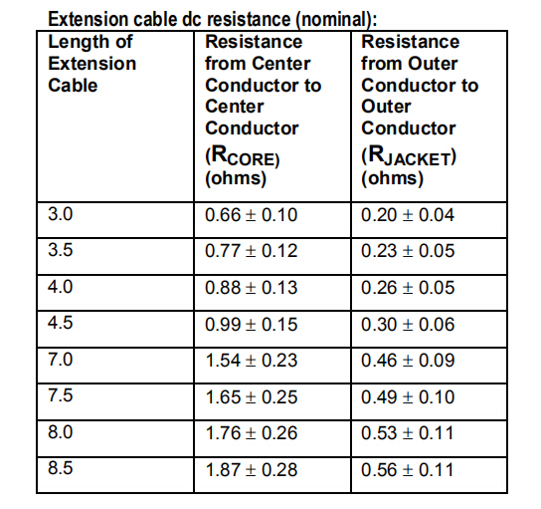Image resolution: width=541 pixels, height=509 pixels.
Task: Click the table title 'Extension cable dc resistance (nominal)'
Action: coord(212,19)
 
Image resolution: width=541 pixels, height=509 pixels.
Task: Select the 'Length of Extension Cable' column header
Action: coord(92,64)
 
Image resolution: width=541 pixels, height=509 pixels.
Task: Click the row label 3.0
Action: coord(61,214)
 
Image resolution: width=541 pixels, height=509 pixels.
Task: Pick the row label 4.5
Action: coord(61,323)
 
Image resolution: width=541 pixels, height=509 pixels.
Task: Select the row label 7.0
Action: coord(61,360)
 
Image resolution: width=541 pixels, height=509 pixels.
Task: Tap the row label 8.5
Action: coord(61,468)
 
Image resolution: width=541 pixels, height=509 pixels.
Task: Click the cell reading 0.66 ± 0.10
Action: coord(252,215)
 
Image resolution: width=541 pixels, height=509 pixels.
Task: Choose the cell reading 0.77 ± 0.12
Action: coord(252,251)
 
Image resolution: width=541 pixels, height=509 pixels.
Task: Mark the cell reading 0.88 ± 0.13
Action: coord(252,288)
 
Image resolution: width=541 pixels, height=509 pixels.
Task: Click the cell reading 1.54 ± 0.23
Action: coord(252,361)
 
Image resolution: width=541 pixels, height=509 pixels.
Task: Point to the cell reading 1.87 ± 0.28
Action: coord(252,470)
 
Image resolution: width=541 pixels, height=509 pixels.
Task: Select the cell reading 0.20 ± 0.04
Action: coord(408,215)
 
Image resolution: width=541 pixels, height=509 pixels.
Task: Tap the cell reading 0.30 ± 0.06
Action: coord(408,325)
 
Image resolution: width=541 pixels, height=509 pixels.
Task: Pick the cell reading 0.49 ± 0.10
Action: coord(408,397)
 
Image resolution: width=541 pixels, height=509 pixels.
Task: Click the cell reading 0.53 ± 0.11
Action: coord(408,433)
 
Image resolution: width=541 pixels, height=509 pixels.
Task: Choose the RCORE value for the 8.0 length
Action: coord(252,433)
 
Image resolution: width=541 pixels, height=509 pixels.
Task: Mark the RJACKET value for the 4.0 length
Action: coord(408,288)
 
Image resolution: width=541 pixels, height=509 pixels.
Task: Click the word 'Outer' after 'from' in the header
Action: coord(433,64)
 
